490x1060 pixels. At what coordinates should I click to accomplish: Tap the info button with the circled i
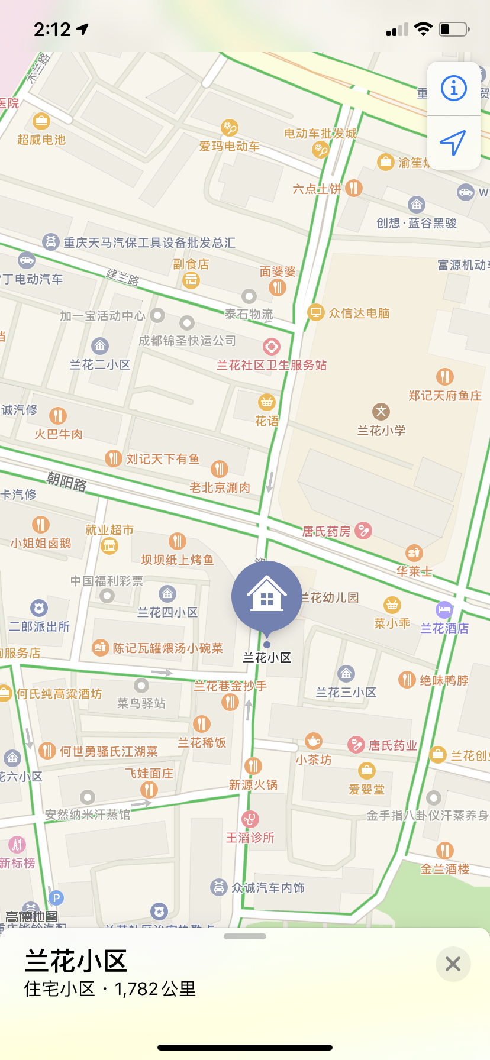tap(454, 89)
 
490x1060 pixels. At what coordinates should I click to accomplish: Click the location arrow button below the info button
tap(453, 143)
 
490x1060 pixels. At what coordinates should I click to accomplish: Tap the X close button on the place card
tap(453, 964)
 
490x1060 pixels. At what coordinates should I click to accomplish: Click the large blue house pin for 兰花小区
tap(267, 596)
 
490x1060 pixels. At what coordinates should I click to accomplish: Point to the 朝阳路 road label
tap(67, 482)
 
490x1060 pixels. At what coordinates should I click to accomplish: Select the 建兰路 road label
tap(122, 276)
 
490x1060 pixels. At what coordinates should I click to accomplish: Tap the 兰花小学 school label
tap(382, 431)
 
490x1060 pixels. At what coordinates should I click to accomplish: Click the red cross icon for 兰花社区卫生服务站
tap(272, 347)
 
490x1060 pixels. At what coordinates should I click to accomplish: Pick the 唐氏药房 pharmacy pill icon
tap(363, 531)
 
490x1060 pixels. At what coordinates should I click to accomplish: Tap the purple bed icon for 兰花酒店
tap(444, 609)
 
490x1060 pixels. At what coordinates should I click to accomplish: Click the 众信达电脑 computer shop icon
tap(316, 312)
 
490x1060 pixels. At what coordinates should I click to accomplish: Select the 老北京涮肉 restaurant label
tap(220, 487)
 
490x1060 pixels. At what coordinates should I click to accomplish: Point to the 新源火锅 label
tap(253, 785)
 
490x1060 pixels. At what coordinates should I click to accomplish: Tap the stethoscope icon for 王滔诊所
tap(250, 819)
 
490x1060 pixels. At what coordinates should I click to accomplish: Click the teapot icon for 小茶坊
tap(314, 741)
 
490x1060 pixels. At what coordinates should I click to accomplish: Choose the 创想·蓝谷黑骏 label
tap(417, 223)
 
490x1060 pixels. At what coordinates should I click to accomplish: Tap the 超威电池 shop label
tap(41, 140)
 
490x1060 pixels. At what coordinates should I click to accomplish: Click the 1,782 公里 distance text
tap(155, 989)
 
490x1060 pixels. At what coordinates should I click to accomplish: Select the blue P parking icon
tap(56, 898)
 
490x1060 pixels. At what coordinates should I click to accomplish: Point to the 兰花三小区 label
tap(346, 692)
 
